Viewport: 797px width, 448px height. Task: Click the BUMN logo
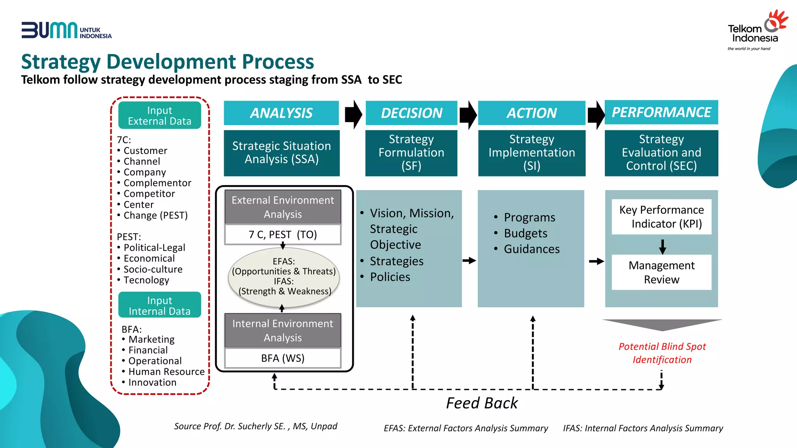click(66, 30)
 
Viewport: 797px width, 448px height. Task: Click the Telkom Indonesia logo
click(757, 31)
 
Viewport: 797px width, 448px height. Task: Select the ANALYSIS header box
click(281, 113)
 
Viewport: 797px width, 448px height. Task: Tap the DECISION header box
click(411, 113)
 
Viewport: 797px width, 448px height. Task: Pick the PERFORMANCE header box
click(661, 112)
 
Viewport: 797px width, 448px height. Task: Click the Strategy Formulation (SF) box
click(411, 153)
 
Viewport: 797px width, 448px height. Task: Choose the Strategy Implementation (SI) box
click(532, 153)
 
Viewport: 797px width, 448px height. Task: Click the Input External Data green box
click(160, 115)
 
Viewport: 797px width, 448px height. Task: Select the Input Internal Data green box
click(160, 305)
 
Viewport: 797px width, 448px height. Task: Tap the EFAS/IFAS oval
click(284, 277)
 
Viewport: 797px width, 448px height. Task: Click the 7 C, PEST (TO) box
click(283, 234)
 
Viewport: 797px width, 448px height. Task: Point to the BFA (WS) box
click(283, 358)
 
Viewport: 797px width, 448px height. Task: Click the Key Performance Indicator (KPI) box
click(661, 217)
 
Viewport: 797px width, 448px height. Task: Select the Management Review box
click(661, 272)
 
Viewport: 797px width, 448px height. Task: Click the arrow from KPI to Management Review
click(662, 246)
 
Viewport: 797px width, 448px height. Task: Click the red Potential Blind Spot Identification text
click(662, 353)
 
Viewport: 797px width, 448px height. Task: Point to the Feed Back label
click(482, 403)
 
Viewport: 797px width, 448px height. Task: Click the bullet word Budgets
click(525, 233)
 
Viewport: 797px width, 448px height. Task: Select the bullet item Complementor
click(157, 183)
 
